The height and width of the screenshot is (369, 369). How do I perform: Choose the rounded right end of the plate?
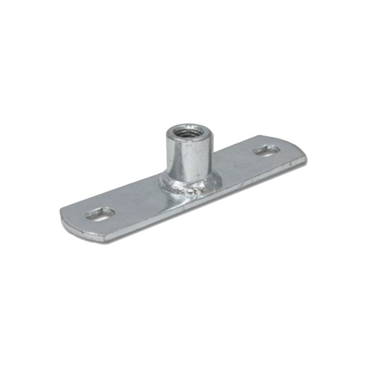(300, 151)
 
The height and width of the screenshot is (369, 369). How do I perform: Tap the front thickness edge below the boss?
(192, 204)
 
